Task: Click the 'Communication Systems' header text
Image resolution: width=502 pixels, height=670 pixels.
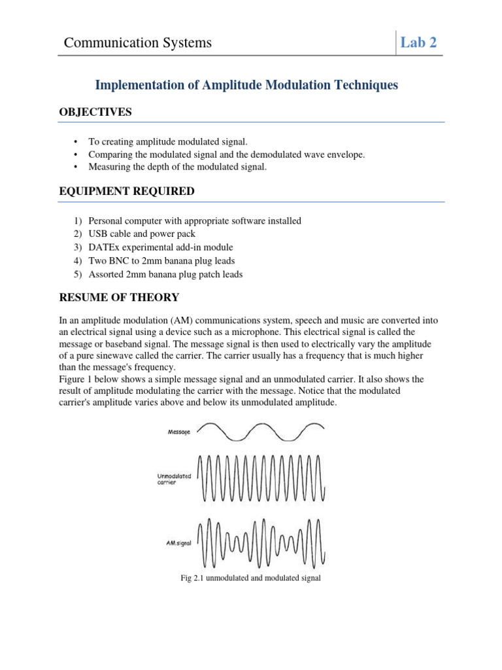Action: coord(138,43)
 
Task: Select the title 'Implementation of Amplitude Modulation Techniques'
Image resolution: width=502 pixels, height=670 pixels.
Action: coord(246,85)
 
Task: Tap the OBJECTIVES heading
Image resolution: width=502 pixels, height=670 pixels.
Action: coord(95,113)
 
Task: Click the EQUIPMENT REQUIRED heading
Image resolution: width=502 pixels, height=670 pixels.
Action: coord(126,192)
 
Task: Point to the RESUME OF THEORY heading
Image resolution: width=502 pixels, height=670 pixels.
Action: coord(119,298)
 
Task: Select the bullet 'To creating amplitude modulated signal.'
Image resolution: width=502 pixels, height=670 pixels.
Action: coord(168,141)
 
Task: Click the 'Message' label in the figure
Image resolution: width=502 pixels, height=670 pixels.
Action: coord(179,432)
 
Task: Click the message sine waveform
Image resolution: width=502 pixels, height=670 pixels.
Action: coord(260,432)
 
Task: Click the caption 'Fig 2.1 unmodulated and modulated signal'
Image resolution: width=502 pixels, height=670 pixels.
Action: coord(250,579)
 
